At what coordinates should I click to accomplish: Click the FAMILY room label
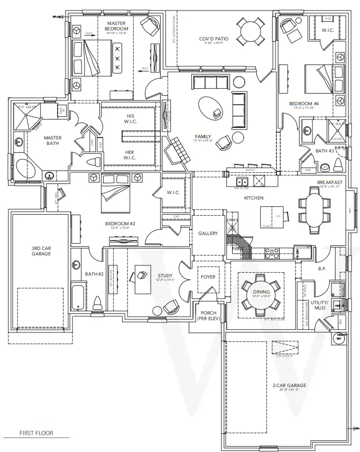tap(202, 136)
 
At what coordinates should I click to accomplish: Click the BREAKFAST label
tap(330, 182)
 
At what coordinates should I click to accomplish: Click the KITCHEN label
tap(253, 198)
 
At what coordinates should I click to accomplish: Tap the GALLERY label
tap(208, 233)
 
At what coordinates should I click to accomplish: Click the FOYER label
tap(207, 276)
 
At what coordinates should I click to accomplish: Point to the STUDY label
tap(165, 275)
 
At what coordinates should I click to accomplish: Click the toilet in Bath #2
tap(97, 302)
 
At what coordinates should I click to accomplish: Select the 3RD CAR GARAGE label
tap(41, 251)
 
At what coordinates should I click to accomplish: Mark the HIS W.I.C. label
tap(130, 119)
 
